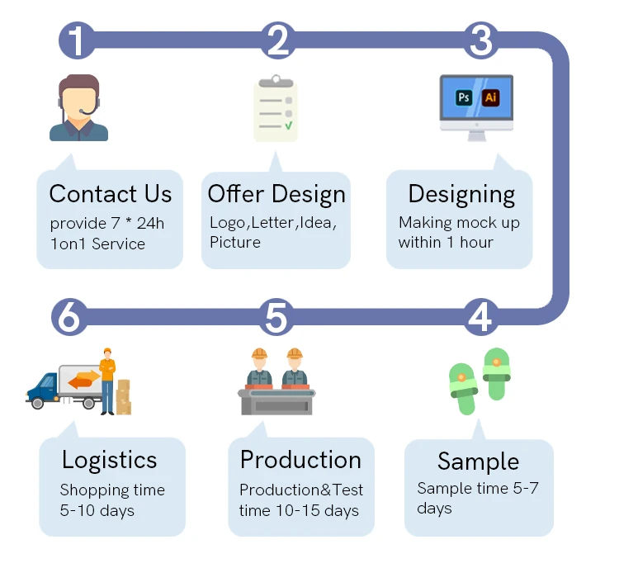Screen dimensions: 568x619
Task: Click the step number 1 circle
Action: (x=77, y=40)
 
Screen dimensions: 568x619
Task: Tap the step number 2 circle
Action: (x=278, y=40)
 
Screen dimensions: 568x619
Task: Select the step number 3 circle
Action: (x=480, y=40)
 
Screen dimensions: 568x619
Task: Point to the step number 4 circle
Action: (x=480, y=316)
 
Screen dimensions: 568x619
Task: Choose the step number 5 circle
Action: (x=277, y=316)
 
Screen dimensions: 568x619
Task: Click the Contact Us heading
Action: (x=111, y=194)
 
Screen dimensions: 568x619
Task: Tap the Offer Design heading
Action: (x=276, y=194)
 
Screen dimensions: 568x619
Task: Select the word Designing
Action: (x=461, y=194)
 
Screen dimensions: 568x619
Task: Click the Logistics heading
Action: (x=109, y=460)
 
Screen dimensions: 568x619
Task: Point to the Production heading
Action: (x=300, y=460)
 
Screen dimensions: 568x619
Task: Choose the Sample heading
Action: (x=478, y=461)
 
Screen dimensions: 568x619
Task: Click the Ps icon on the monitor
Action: (x=464, y=97)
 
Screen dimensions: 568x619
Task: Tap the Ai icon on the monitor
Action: (x=491, y=97)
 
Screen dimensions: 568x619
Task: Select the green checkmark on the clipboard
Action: (x=288, y=125)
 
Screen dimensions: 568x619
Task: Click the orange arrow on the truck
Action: (x=83, y=381)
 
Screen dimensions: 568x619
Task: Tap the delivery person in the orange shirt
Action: (x=107, y=381)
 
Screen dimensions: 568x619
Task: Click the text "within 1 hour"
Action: (x=446, y=243)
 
